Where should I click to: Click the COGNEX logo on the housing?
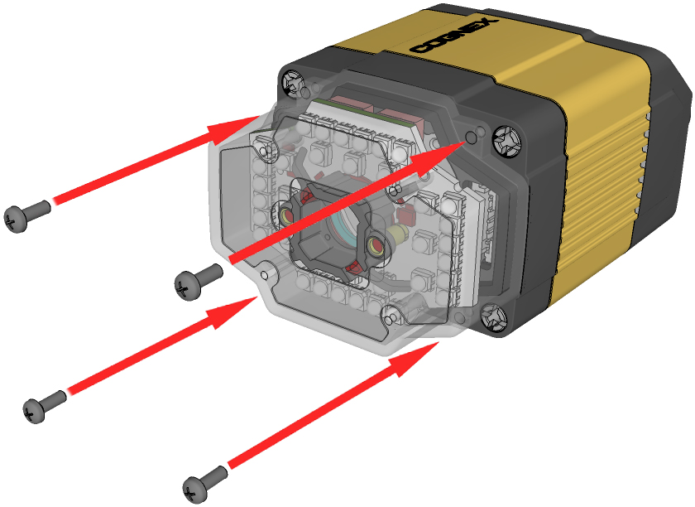[x=454, y=36]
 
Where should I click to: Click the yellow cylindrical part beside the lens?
[x=398, y=233]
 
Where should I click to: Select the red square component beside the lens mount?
[x=405, y=216]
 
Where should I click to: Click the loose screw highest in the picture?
[x=26, y=215]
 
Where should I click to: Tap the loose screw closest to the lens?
[x=198, y=281]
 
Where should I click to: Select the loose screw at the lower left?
[x=44, y=406]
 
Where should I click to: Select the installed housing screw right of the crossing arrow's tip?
[x=507, y=140]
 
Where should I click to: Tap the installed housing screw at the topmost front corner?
[x=294, y=81]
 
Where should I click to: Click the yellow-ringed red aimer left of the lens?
[x=286, y=215]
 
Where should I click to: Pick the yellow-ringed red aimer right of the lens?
[x=376, y=245]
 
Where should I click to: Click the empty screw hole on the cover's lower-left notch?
[x=265, y=275]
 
